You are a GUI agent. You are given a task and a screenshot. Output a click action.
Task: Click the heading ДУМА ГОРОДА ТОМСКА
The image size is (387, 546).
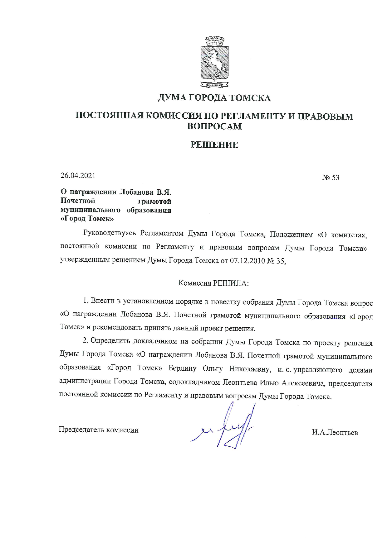[x=214, y=98]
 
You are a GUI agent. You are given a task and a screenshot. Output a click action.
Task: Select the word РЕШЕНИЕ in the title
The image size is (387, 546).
[x=214, y=145]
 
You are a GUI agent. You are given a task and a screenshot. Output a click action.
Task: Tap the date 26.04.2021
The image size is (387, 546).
[x=78, y=176]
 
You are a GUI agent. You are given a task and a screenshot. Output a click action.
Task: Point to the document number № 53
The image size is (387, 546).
[x=331, y=178]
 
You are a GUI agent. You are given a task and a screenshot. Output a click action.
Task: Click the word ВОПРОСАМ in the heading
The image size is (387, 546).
[x=214, y=126]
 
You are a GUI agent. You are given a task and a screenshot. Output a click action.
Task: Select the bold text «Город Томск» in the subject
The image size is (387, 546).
[x=86, y=219]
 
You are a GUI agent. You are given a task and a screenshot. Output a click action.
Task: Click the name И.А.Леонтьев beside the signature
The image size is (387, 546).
[x=335, y=433]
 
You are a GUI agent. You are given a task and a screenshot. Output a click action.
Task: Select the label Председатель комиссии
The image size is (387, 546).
[x=99, y=430]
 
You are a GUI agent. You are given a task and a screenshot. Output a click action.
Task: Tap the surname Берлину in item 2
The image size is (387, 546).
[x=182, y=368]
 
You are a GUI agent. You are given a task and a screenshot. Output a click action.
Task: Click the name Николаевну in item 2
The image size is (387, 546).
[x=249, y=369]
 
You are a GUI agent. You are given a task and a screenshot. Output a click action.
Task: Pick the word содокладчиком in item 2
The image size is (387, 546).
[x=195, y=382]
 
